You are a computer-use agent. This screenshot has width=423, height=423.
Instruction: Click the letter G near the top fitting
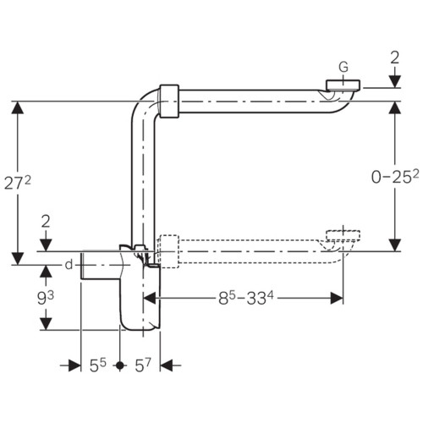343,67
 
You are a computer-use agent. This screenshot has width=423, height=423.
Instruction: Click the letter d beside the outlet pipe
69,265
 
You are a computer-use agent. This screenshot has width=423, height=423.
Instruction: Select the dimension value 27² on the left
18,183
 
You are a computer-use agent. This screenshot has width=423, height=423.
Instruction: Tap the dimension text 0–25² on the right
395,177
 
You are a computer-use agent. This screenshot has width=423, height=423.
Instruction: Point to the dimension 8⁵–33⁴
246,298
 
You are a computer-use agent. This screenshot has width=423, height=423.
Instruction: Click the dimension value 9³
46,298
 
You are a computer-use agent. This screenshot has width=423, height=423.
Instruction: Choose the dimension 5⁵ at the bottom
97,365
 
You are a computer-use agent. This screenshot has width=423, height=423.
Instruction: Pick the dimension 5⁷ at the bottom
143,365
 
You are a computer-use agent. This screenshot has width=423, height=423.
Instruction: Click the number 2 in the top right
395,58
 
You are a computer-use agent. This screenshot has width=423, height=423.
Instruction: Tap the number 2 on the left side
46,222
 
